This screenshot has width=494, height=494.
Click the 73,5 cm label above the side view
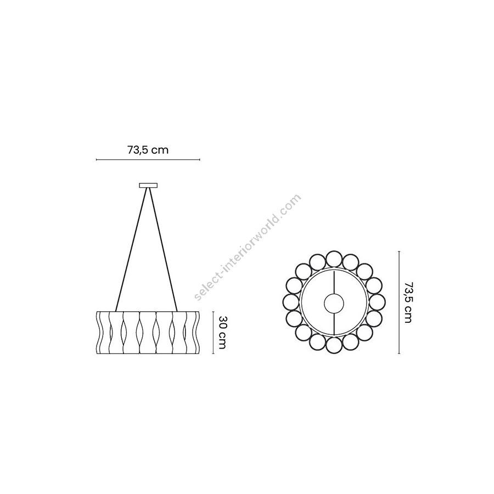point(148,150)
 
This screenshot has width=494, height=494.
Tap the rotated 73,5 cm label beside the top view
point(408,302)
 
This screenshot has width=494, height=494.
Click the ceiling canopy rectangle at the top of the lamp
point(148,186)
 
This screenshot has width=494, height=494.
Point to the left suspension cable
point(131,249)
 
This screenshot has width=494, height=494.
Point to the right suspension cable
point(163,249)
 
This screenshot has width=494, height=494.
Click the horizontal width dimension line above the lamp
point(148,160)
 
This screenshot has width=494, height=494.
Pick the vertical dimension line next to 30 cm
point(214,333)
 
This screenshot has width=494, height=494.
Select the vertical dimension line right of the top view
point(399,302)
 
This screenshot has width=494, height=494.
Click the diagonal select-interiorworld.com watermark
point(248,247)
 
